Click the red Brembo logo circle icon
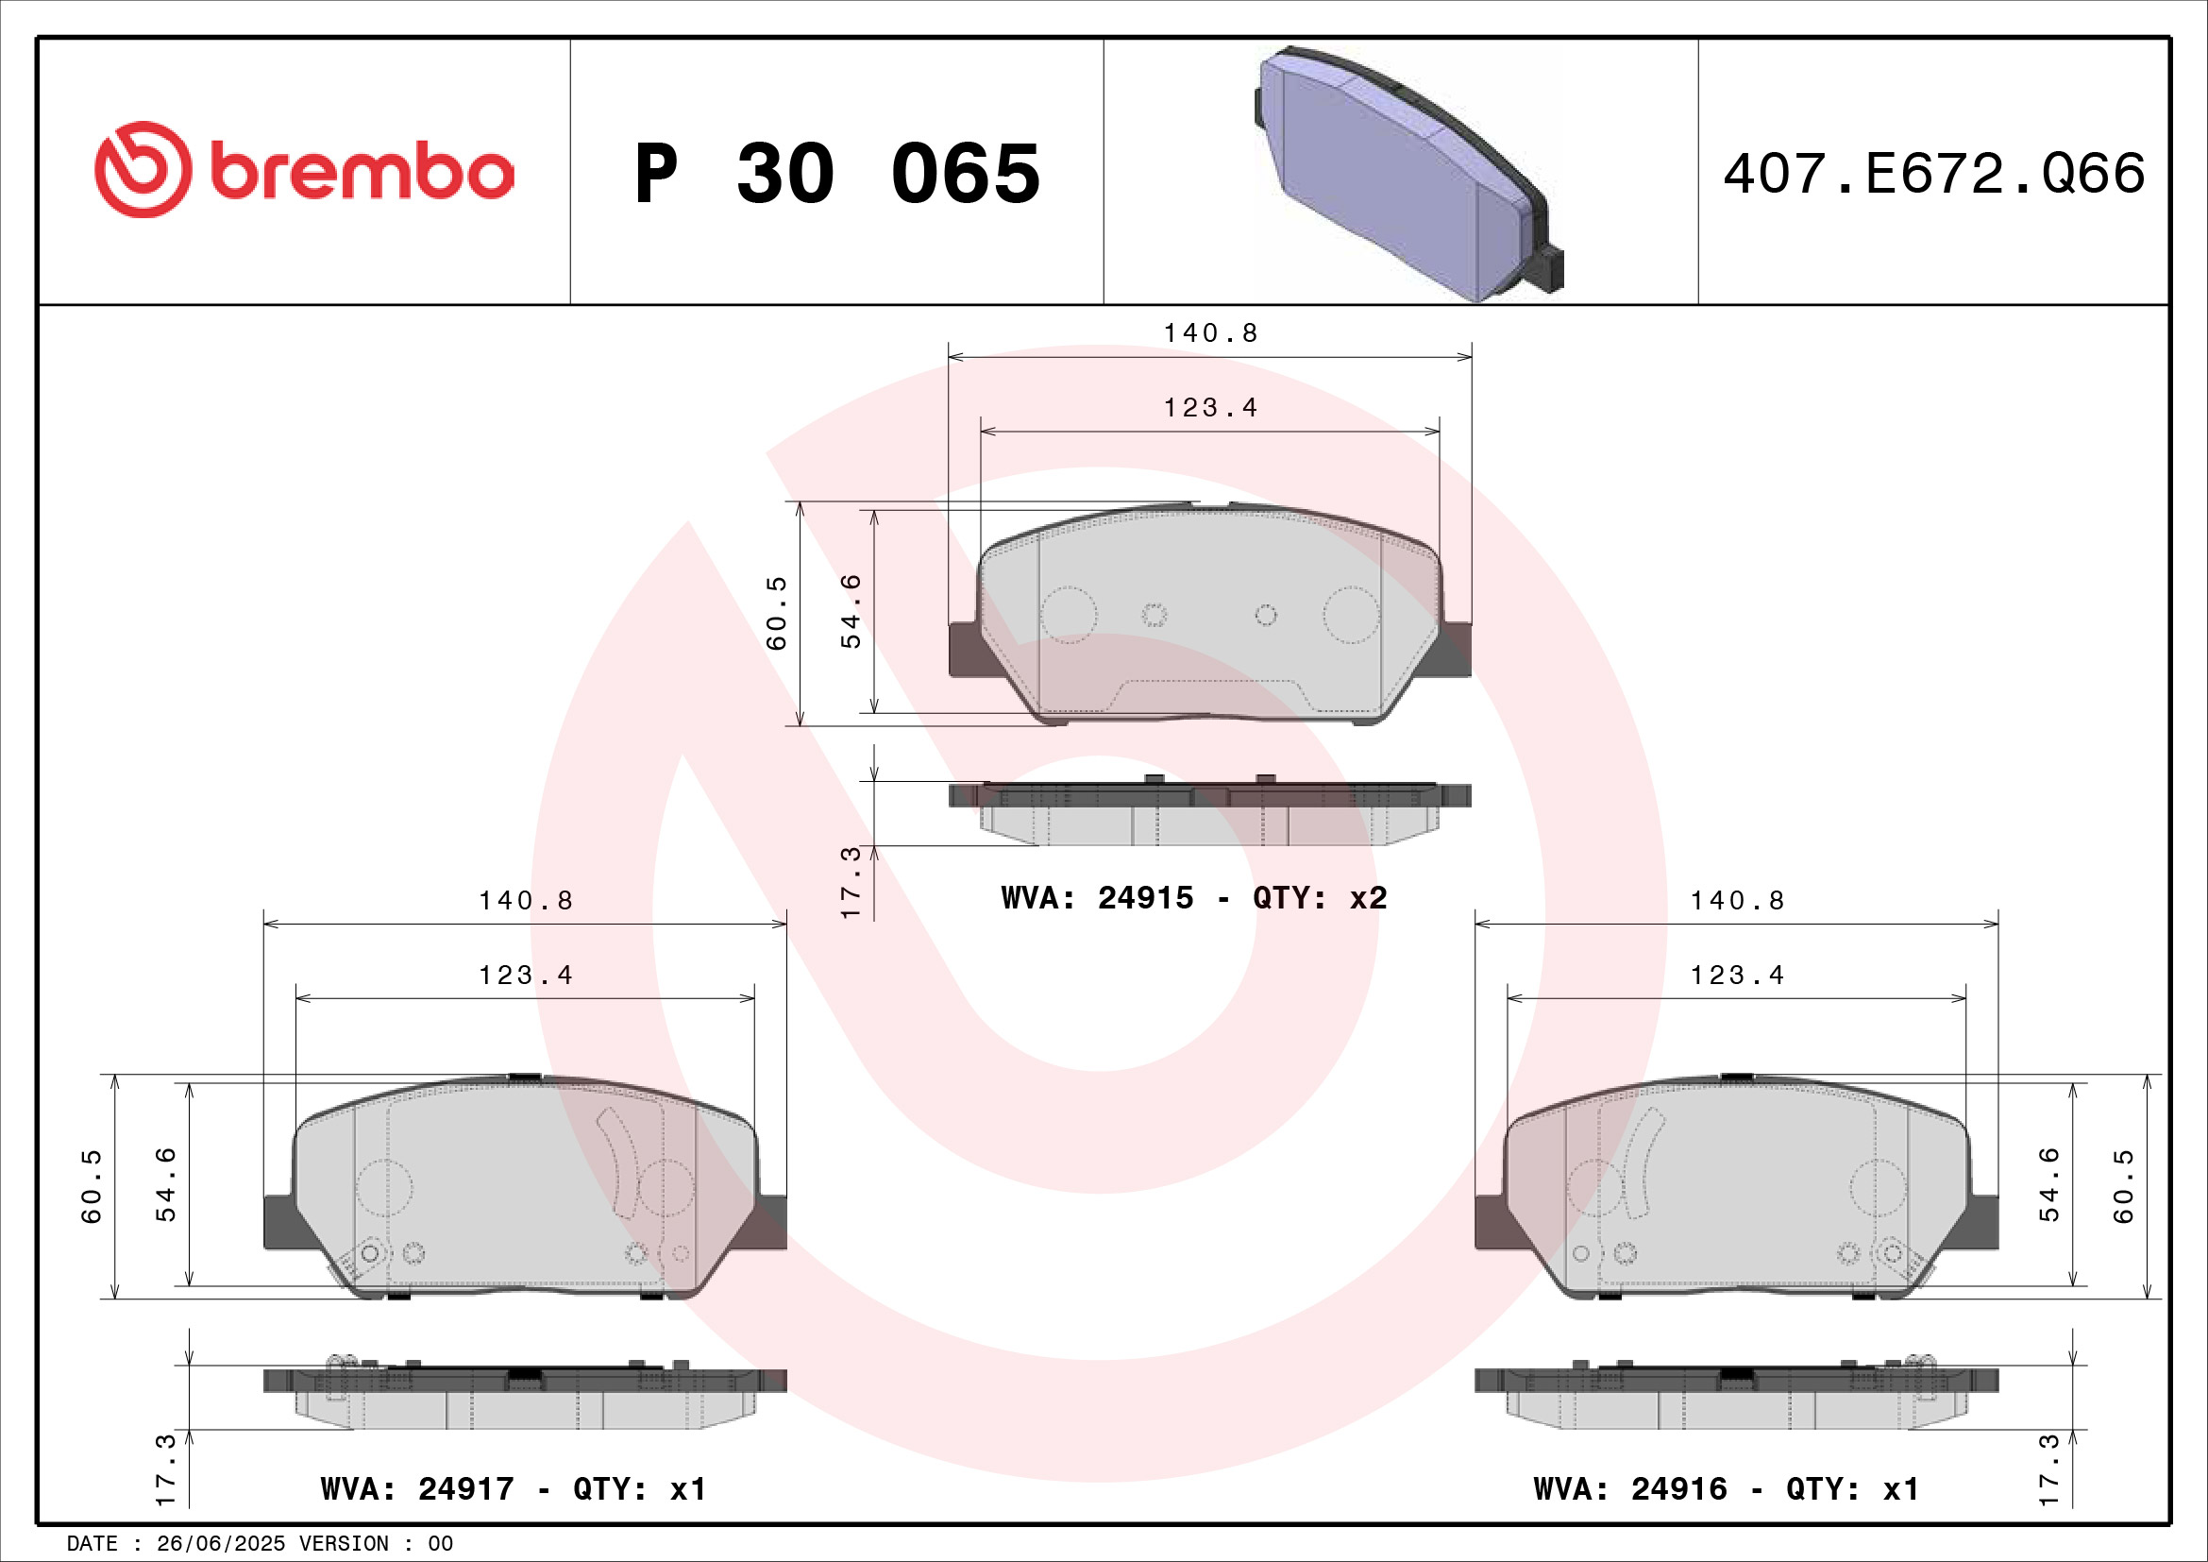pyautogui.click(x=143, y=169)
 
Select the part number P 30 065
pyautogui.click(x=836, y=174)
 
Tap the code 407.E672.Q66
pyautogui.click(x=1933, y=174)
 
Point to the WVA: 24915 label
pyautogui.click(x=1096, y=898)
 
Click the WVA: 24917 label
pyautogui.click(x=417, y=1489)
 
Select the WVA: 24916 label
pyautogui.click(x=1630, y=1489)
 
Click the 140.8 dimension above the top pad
pyautogui.click(x=1211, y=332)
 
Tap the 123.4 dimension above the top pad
pyautogui.click(x=1211, y=408)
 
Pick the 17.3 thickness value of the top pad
pyautogui.click(x=851, y=882)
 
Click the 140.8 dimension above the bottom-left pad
pyautogui.click(x=526, y=900)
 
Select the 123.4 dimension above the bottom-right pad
pyautogui.click(x=1737, y=976)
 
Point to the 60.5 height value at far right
pyautogui.click(x=2123, y=1185)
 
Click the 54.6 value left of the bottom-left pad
pyautogui.click(x=165, y=1185)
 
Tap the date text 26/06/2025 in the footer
pyautogui.click(x=220, y=1544)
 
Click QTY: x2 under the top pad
pyautogui.click(x=1320, y=898)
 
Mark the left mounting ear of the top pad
pyautogui.click(x=964, y=649)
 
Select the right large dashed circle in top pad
pyautogui.click(x=1351, y=616)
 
